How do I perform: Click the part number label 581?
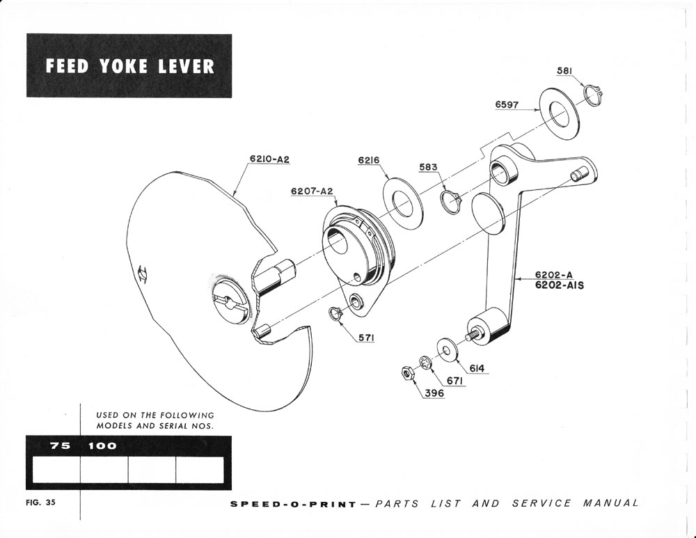(565, 70)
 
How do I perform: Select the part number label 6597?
(507, 104)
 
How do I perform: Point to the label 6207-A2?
(313, 191)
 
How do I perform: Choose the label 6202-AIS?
(559, 285)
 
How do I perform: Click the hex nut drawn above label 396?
(406, 374)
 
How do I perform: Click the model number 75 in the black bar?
(60, 445)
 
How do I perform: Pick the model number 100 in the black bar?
(102, 445)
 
